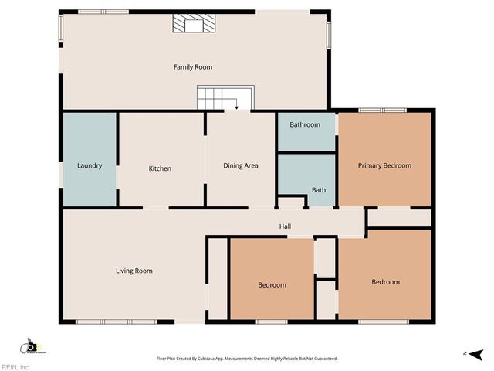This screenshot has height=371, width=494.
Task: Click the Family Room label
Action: point(192,67)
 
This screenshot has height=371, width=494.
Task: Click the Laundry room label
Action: point(90,165)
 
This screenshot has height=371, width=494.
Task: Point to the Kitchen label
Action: point(160,168)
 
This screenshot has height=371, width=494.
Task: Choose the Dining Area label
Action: point(240,165)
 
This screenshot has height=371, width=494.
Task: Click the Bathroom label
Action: point(305,124)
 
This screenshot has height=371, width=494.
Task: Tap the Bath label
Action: point(318,189)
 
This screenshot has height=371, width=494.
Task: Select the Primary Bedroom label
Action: point(384,165)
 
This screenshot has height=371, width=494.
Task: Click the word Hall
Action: point(285,226)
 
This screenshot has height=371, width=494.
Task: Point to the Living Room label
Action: point(134,271)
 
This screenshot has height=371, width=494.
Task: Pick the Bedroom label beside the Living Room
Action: point(272,284)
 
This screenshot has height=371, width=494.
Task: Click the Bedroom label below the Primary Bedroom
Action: point(385,282)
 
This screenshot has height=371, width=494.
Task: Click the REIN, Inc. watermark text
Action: point(15,367)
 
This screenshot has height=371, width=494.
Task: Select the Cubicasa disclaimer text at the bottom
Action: point(247,359)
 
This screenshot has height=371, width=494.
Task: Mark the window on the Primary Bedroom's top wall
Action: point(382,111)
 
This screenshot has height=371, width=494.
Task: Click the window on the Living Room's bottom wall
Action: point(105,322)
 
